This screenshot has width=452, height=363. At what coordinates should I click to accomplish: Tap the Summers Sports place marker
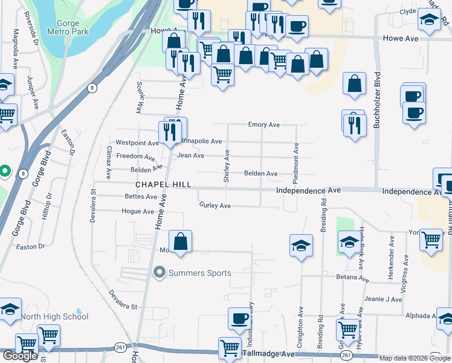click(x=160, y=273)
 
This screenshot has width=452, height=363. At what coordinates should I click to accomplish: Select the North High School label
click(x=54, y=316)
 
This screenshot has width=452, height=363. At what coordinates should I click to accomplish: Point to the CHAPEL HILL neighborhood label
click(x=163, y=185)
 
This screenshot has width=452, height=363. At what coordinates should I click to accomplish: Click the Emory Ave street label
click(x=263, y=125)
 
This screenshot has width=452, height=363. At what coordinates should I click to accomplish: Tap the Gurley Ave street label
click(x=215, y=206)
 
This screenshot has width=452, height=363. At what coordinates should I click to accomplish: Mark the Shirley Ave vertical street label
click(x=227, y=167)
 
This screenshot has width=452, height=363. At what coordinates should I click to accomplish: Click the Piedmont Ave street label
click(x=295, y=163)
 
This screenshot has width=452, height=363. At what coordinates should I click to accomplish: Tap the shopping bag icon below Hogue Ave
click(x=180, y=242)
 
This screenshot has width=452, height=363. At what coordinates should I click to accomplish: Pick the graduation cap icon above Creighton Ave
click(x=301, y=246)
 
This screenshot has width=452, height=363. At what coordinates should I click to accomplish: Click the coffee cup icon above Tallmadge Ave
click(x=239, y=319)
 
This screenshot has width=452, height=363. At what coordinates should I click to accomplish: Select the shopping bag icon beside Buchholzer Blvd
click(x=355, y=84)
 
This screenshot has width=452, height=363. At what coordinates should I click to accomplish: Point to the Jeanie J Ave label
click(x=383, y=299)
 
